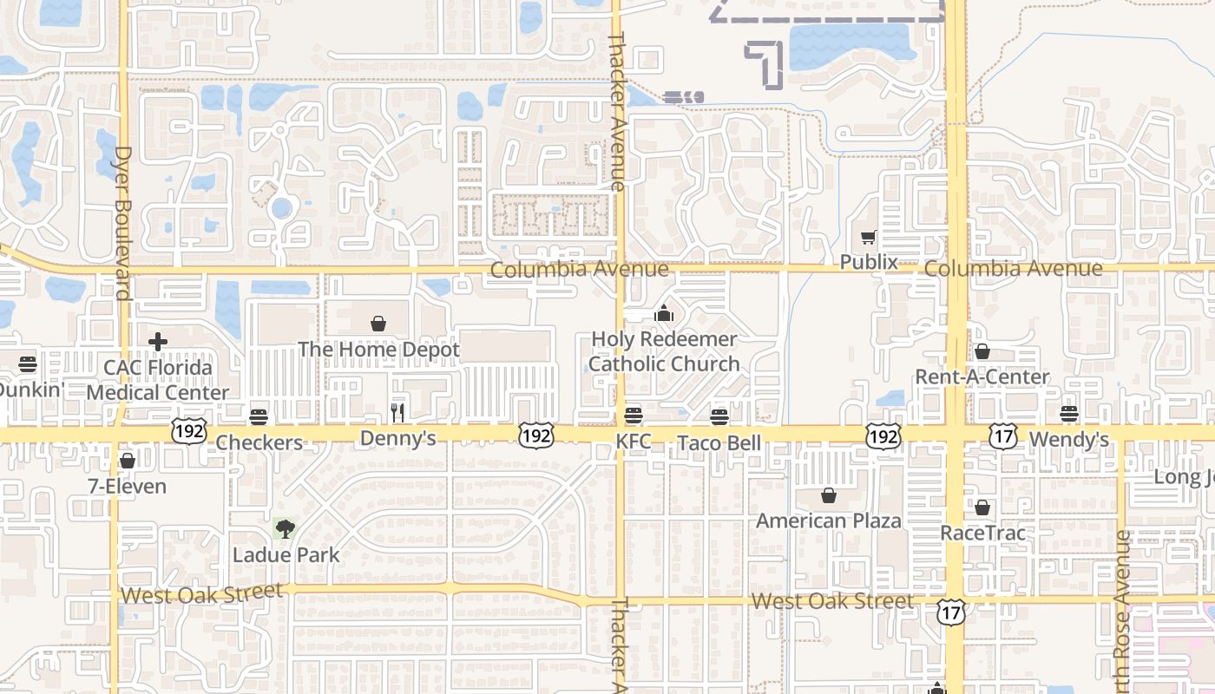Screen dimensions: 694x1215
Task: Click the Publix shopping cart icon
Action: [x=868, y=237]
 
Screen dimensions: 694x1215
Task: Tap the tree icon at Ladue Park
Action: [x=285, y=527]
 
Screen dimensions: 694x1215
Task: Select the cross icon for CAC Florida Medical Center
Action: [x=157, y=342]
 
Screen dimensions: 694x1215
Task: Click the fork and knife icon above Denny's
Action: [x=397, y=412]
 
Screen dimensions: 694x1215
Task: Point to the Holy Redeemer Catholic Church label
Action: [x=664, y=351]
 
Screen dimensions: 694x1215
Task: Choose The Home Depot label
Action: [x=378, y=350]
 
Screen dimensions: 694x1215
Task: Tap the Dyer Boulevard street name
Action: [x=121, y=224]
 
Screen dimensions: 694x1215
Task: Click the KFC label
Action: [x=633, y=442]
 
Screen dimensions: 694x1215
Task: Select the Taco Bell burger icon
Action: [x=719, y=417]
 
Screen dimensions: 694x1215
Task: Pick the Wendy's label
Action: [x=1068, y=440]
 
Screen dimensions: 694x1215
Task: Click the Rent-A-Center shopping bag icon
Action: [x=982, y=351]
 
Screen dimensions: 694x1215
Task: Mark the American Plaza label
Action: [x=829, y=520]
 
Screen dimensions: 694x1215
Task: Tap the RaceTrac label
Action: [x=982, y=533]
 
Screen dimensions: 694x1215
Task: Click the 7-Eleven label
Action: [x=128, y=486]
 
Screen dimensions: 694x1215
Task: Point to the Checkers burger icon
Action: [x=258, y=417]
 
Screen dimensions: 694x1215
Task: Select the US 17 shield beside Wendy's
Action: [x=1002, y=436]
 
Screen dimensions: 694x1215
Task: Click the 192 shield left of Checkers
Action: [x=188, y=431]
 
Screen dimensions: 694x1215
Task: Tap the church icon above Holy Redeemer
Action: [x=664, y=313]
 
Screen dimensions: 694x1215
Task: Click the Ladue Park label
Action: [x=286, y=555]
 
